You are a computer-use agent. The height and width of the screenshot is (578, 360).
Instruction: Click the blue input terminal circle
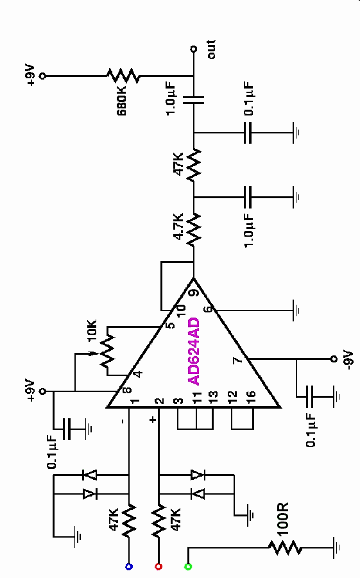point(129,566)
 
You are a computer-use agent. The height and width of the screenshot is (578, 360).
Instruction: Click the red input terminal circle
point(159,566)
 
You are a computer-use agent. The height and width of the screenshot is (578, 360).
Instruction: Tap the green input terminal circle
point(188,566)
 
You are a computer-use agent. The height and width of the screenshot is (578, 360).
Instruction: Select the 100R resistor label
point(283,519)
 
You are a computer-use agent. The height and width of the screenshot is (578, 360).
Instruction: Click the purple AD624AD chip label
point(194,352)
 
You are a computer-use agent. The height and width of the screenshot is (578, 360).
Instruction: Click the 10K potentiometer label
point(92,330)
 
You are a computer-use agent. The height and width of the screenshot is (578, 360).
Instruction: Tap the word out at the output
point(211,49)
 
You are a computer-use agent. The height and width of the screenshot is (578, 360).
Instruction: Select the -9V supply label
point(348,359)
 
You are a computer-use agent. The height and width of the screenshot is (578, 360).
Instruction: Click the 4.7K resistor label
point(178,226)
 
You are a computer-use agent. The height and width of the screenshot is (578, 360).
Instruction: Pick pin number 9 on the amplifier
point(194,293)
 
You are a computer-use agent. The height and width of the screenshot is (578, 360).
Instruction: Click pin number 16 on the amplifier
point(250,396)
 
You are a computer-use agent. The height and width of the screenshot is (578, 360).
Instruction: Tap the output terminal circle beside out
point(193,49)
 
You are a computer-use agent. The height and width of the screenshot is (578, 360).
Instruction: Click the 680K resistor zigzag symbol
point(123,76)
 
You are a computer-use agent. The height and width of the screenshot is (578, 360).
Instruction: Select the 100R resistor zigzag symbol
point(285,548)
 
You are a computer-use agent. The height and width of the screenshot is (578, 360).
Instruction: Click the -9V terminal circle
point(334,359)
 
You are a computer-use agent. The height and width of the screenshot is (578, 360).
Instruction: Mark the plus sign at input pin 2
point(153,420)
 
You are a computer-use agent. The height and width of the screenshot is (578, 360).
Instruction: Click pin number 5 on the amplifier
point(170,325)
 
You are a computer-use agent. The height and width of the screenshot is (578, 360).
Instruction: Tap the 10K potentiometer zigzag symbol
point(107,350)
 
